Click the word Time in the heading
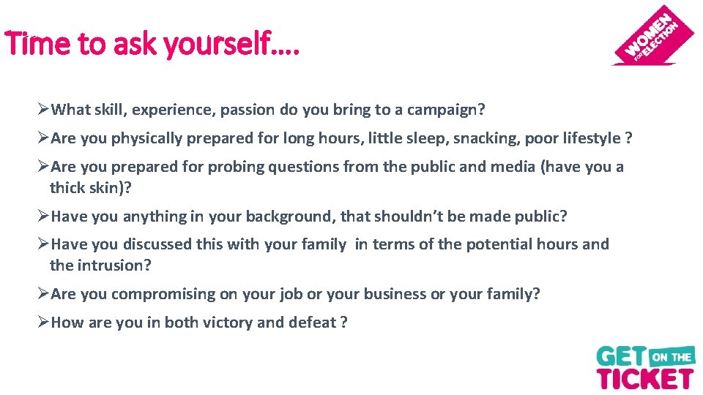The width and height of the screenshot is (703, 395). (x=31, y=45)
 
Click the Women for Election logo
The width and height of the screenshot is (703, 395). (x=654, y=36)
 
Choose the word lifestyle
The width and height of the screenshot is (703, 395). (x=586, y=138)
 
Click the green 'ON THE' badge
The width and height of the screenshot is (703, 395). (x=672, y=357)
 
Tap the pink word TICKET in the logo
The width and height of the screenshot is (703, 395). (x=644, y=377)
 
